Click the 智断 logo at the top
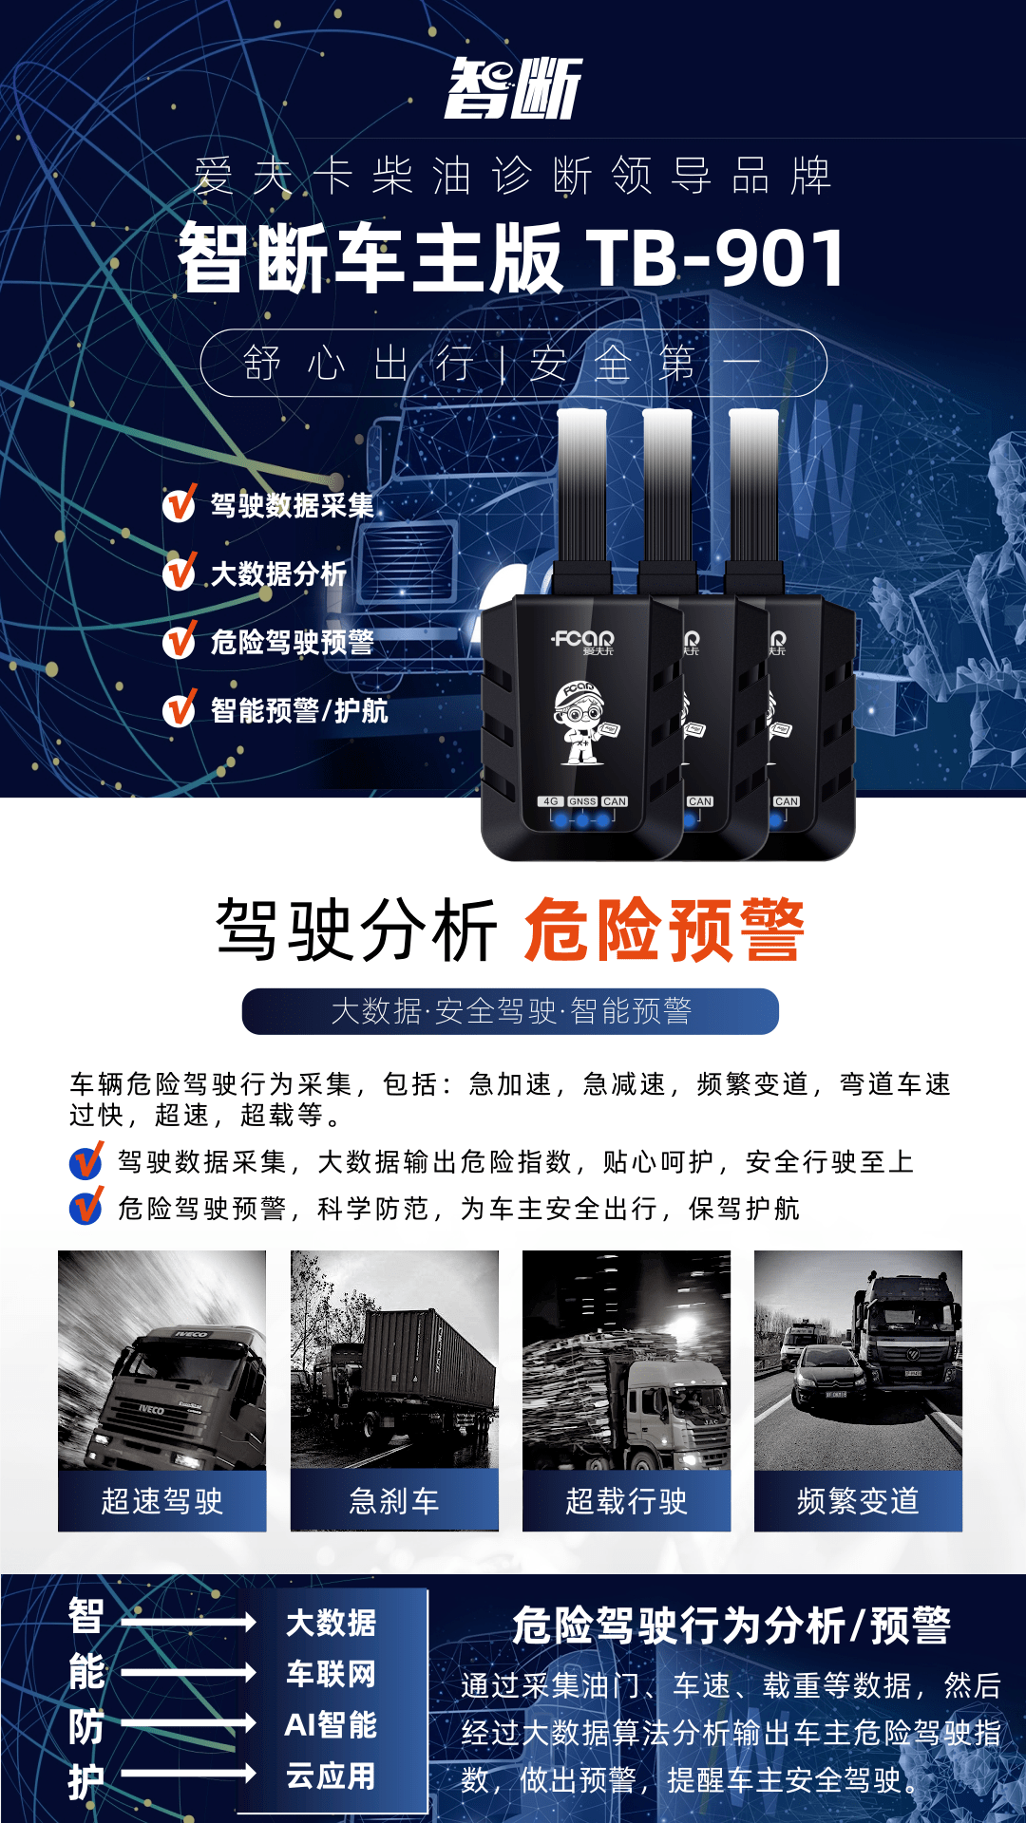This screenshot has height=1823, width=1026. (513, 88)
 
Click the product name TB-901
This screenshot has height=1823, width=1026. (715, 257)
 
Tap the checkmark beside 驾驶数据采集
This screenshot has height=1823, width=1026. (180, 503)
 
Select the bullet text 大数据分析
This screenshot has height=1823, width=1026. (278, 573)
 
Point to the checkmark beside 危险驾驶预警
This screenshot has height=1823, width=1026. (180, 640)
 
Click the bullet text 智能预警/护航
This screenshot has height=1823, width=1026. (299, 710)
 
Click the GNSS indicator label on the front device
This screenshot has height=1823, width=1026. (582, 801)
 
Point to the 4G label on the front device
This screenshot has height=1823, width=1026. (551, 801)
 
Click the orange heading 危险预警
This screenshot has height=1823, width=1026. (664, 930)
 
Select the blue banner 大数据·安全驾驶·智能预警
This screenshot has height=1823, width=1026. (510, 1011)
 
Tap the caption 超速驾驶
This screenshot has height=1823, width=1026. (162, 1501)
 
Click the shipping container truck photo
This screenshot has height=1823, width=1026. (394, 1360)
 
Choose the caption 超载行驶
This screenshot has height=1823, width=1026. (626, 1501)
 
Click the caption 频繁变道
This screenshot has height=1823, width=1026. (858, 1501)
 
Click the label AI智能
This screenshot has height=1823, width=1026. (331, 1724)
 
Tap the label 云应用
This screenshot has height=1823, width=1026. (331, 1776)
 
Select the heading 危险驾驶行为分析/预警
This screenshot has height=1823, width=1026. (731, 1626)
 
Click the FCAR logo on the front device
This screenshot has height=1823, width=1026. (583, 641)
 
